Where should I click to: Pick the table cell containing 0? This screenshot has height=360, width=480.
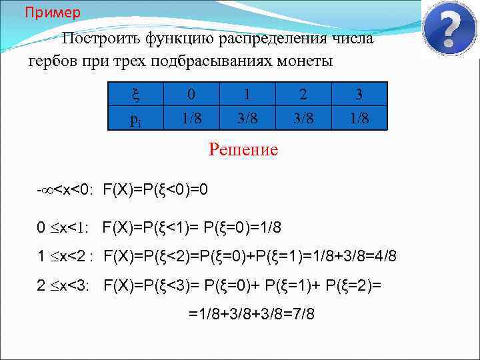193,93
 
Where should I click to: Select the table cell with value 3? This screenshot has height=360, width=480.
359,93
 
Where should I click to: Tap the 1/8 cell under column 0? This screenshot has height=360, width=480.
193,119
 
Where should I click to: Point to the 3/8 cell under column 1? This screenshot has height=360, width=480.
248,119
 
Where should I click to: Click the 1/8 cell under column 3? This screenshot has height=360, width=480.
359,119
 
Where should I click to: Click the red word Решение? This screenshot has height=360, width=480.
243,149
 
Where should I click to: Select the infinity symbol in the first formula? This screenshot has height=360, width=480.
47,191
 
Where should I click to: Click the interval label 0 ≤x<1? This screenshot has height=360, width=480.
64,228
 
